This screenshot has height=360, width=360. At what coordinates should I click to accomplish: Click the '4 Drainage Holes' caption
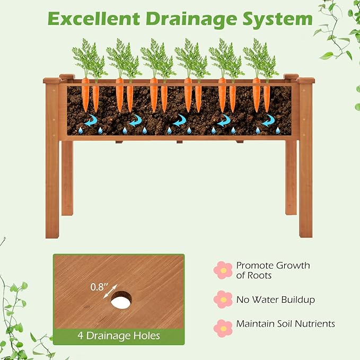[x=118, y=336]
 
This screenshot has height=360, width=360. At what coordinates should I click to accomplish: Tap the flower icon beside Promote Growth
[x=223, y=270]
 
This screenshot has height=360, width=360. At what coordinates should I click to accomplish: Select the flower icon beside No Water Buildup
[x=223, y=300]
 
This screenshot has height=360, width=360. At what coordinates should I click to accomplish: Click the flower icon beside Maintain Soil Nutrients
[x=223, y=328]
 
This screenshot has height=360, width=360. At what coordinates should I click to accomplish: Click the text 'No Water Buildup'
[x=275, y=300]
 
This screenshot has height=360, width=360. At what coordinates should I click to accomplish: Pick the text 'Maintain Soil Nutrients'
[x=285, y=323]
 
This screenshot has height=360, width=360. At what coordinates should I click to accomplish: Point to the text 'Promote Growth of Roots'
[x=273, y=270]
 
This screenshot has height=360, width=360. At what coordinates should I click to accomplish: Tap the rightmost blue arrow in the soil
[x=268, y=120]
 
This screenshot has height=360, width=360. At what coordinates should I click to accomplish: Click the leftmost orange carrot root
[x=85, y=94]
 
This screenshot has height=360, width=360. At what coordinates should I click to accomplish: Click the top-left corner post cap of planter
[x=52, y=81]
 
